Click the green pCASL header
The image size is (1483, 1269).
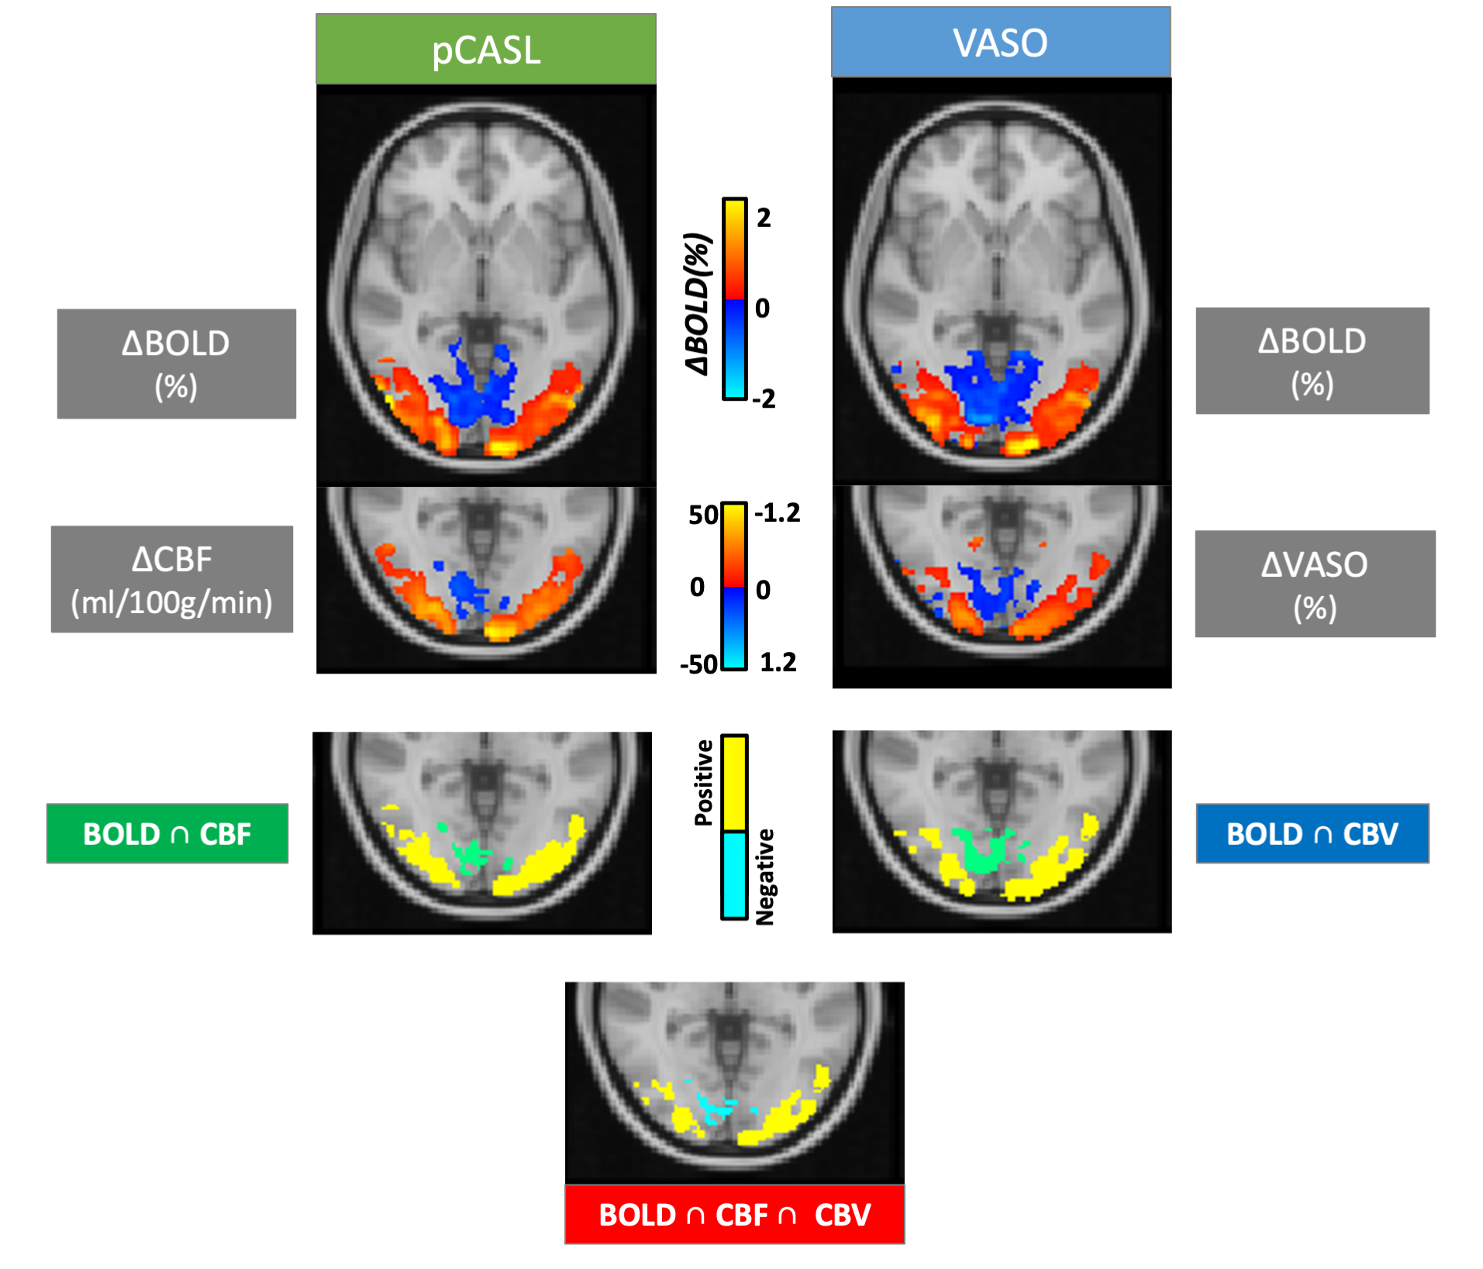486,49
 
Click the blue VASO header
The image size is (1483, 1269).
1001,43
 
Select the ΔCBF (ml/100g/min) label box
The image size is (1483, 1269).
172,580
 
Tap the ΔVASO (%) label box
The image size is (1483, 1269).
1315,584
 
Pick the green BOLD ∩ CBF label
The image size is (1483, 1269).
167,833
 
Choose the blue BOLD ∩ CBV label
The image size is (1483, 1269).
1312,833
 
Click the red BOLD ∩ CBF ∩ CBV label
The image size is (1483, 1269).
734,1214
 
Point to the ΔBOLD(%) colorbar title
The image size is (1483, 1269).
698,303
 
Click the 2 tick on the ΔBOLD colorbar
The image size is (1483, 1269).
764,219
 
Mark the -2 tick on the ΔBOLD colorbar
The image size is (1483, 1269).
764,399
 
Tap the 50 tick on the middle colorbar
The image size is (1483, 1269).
703,516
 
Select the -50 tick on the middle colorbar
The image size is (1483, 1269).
698,664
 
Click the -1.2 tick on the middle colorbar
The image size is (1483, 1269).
778,513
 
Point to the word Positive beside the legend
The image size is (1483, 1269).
704,782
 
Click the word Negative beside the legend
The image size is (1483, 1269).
765,877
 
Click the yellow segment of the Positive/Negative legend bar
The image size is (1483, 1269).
734,783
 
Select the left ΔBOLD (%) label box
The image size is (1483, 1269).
176,364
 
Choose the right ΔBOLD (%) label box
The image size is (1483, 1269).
1312,361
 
